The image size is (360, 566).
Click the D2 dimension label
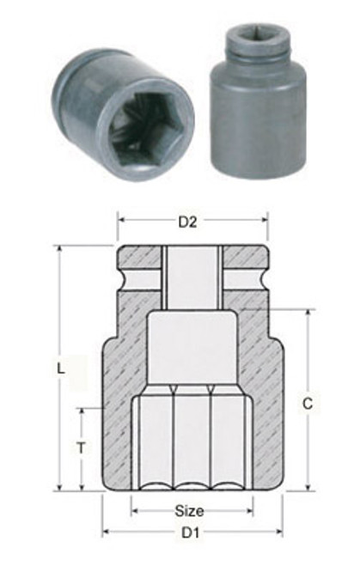pos(188,223)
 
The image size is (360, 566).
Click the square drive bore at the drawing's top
pos(189,275)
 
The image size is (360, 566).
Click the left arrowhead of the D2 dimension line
pos(121,223)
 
